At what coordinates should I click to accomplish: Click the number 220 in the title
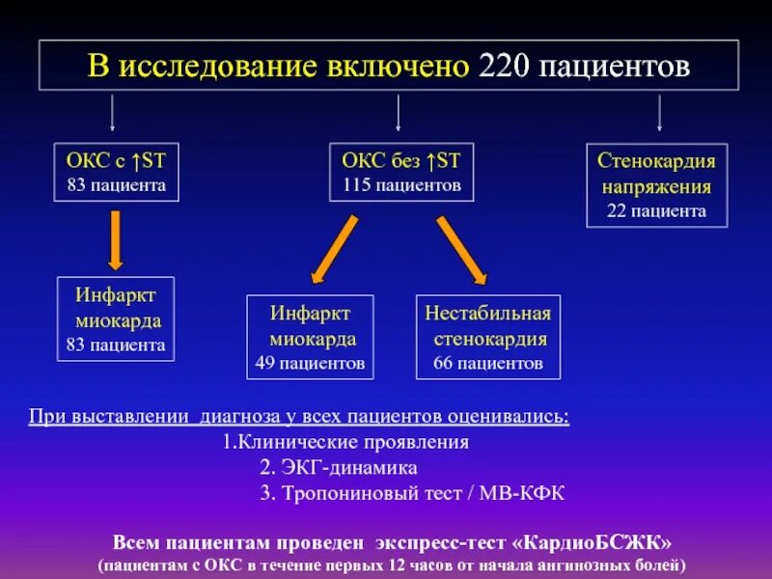[503, 66]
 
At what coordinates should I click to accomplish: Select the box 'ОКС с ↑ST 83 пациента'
[116, 172]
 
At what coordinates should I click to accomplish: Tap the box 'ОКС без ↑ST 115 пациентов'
[401, 172]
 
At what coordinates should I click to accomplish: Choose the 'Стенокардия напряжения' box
[657, 185]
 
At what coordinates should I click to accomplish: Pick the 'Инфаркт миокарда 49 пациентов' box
[310, 337]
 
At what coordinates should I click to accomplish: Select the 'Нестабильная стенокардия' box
[488, 337]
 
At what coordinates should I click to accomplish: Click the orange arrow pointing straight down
[115, 239]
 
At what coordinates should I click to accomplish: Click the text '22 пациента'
[657, 210]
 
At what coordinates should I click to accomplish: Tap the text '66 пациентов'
[488, 364]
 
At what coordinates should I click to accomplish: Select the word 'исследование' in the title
[212, 66]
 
